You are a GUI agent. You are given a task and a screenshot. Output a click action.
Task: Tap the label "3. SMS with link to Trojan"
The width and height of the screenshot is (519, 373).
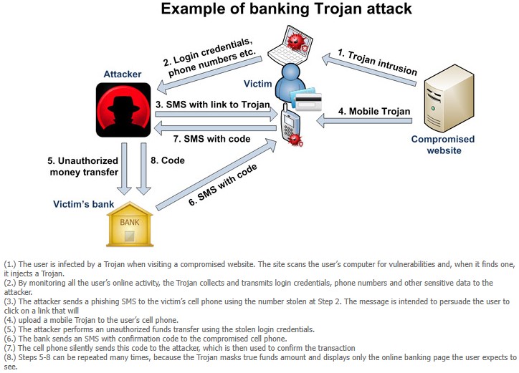pos(213,105)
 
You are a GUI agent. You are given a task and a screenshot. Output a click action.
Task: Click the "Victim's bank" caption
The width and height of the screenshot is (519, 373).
pos(83,204)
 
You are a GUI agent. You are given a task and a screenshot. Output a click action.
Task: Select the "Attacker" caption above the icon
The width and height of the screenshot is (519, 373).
pos(123,74)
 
